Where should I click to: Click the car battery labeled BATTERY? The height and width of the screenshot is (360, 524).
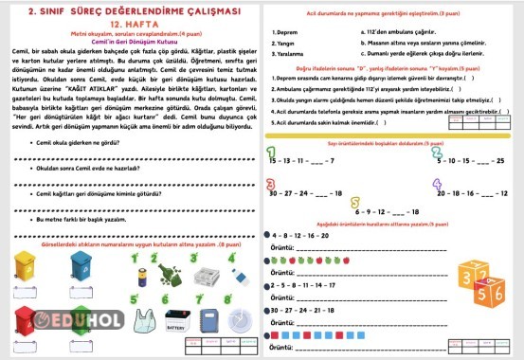point(179,322)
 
